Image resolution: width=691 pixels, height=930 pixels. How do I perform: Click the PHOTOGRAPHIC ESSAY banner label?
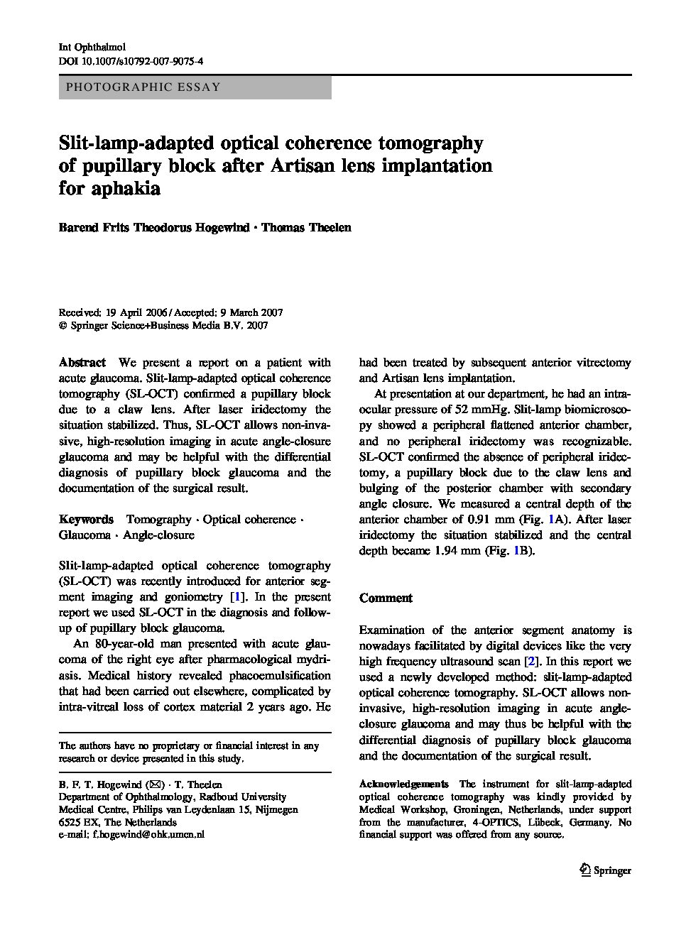pos(143,87)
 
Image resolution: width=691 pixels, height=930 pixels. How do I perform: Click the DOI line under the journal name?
pos(131,61)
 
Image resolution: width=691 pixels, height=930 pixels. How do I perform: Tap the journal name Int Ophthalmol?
pos(91,47)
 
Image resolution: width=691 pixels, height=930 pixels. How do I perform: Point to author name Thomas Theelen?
pos(306,228)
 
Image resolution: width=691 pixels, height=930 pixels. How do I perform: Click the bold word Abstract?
pos(82,363)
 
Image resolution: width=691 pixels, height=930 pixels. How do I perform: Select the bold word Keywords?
pos(86,520)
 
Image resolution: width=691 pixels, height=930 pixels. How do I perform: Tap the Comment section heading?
pos(386,598)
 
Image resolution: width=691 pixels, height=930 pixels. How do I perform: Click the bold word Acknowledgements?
pos(403,784)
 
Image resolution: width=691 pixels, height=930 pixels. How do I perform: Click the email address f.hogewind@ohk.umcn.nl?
pos(148,835)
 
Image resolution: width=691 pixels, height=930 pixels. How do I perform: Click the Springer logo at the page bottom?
pos(605,870)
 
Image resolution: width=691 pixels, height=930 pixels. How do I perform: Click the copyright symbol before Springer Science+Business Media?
pos(63,326)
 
